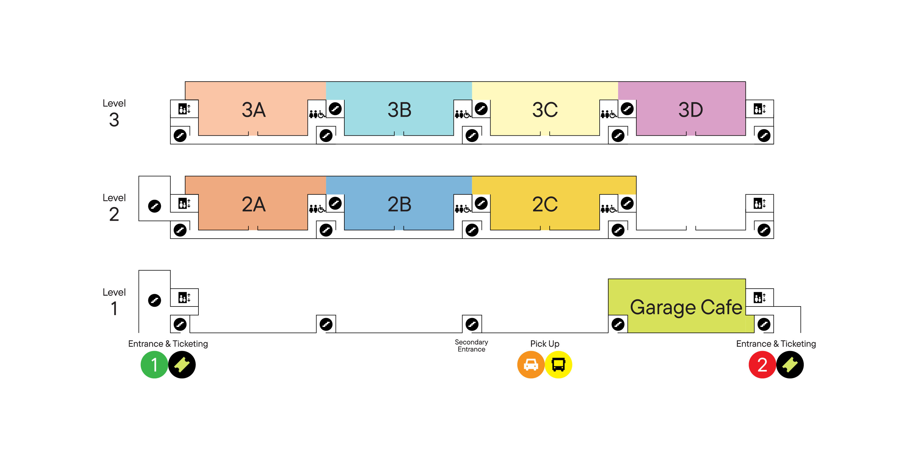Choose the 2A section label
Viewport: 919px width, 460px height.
[254, 204]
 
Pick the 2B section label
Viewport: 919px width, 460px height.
[399, 204]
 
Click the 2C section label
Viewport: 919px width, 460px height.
[545, 204]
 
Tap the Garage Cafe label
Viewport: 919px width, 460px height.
[686, 307]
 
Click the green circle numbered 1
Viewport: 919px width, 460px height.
[154, 365]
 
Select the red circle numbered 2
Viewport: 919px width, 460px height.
[762, 365]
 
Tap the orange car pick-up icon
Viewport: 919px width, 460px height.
[530, 365]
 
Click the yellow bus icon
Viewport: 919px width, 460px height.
[558, 365]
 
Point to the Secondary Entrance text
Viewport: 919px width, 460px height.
[471, 346]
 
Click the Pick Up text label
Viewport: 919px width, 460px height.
[545, 344]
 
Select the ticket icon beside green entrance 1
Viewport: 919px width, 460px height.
[182, 365]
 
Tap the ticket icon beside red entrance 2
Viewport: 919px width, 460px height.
[790, 365]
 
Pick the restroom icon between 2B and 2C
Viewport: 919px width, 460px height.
[463, 208]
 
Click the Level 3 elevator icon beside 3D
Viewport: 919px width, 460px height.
[760, 109]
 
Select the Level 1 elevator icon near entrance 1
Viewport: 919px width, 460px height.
[184, 298]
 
